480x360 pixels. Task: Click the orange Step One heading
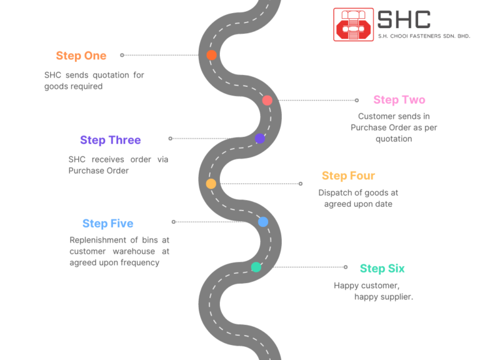pyautogui.click(x=81, y=56)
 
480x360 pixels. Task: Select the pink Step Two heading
pyautogui.click(x=399, y=100)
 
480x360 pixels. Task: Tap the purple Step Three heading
pyautogui.click(x=110, y=140)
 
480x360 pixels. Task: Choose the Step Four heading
pyautogui.click(x=348, y=176)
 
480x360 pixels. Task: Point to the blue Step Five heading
pyautogui.click(x=107, y=224)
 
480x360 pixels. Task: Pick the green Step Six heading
pyautogui.click(x=382, y=269)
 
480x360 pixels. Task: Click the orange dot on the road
pyautogui.click(x=211, y=55)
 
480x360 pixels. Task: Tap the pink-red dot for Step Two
pyautogui.click(x=267, y=100)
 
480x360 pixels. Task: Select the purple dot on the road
pyautogui.click(x=259, y=139)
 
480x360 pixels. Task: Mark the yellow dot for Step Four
pyautogui.click(x=211, y=184)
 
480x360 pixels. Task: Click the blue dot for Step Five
pyautogui.click(x=263, y=222)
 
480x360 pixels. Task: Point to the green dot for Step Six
pyautogui.click(x=256, y=267)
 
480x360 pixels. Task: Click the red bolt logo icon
pyautogui.click(x=353, y=24)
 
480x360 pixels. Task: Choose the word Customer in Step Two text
pyautogui.click(x=376, y=116)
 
